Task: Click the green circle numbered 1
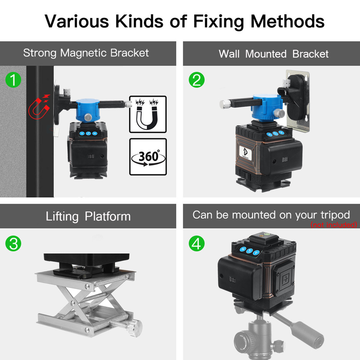tap(13, 80)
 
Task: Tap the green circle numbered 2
tap(196, 80)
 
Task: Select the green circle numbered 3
tap(13, 243)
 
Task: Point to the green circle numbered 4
tap(196, 243)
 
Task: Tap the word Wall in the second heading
tap(229, 54)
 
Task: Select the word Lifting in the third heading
tap(62, 217)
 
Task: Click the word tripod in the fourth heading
tap(335, 215)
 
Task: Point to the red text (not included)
tap(334, 225)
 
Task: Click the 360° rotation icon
tap(148, 157)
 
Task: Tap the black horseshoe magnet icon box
tap(148, 114)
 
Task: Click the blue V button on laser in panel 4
tap(256, 253)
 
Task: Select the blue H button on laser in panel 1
tap(95, 133)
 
